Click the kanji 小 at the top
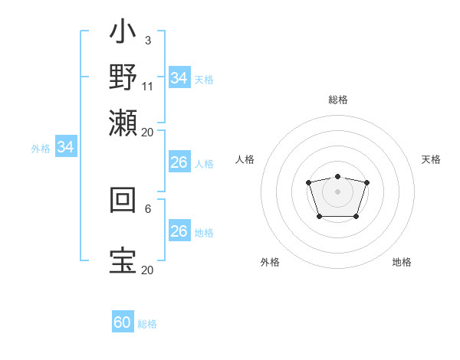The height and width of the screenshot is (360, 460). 123,34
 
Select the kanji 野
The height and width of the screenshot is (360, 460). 123,78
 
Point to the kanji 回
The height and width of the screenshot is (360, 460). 123,201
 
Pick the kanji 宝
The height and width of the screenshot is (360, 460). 123,260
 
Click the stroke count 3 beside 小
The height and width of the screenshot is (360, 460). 147,40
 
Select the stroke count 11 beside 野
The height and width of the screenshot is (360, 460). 148,86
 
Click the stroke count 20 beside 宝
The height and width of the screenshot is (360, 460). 147,270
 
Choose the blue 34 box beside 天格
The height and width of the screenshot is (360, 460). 179,78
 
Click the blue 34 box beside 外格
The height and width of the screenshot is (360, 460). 65,147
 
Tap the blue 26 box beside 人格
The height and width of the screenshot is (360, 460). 179,162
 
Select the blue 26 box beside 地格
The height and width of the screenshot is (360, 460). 179,231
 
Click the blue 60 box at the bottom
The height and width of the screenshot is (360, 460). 123,322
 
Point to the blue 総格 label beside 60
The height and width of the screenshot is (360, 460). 147,324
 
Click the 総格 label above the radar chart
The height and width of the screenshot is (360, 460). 337,100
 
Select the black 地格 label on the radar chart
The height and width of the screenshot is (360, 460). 402,262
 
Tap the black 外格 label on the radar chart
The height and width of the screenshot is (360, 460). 270,262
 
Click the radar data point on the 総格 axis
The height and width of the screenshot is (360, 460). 337,176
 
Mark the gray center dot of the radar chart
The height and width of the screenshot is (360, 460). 337,191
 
